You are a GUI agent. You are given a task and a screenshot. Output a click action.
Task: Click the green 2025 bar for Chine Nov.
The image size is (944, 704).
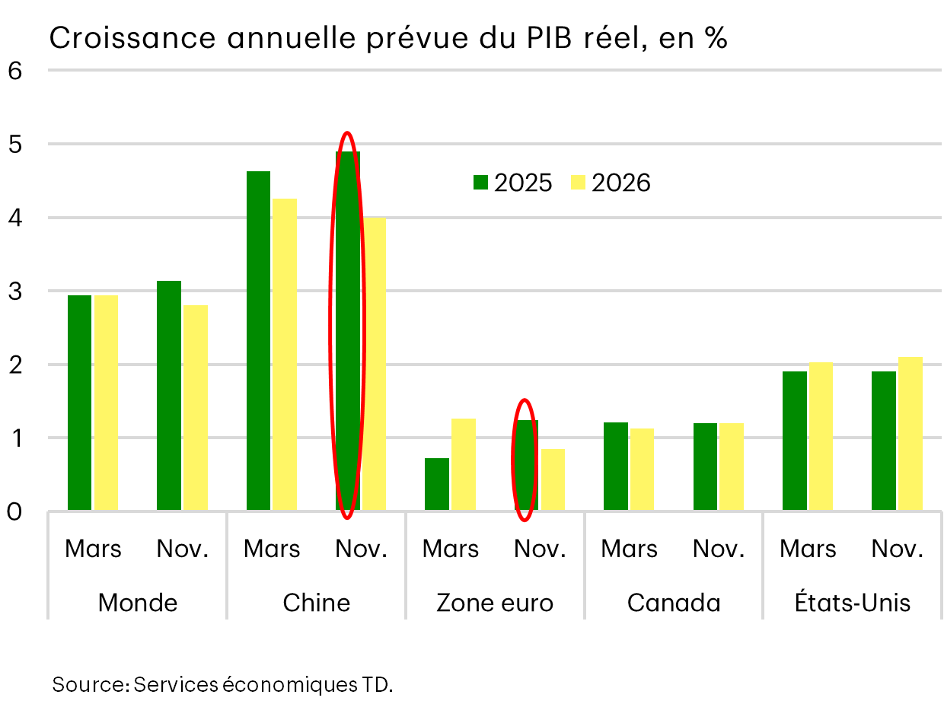tap(348, 331)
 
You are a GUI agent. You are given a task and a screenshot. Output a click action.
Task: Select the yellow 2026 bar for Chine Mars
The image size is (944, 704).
tap(285, 354)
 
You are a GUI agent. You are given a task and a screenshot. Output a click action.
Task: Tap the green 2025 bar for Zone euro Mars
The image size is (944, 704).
tap(437, 484)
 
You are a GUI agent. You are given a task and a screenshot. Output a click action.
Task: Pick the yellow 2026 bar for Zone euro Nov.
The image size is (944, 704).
tap(553, 479)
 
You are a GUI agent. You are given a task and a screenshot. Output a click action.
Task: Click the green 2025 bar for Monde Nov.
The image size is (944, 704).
tap(169, 396)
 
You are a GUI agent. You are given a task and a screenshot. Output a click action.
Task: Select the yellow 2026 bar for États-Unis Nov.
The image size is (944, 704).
tap(910, 434)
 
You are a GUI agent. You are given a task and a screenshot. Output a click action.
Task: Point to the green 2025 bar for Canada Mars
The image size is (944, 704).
tap(615, 466)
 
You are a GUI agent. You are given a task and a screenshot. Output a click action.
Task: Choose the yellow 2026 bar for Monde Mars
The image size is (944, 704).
tap(106, 403)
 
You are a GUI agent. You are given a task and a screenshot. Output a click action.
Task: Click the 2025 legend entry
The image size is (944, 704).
tap(512, 183)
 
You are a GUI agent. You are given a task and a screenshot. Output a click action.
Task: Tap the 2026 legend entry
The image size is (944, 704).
tap(610, 183)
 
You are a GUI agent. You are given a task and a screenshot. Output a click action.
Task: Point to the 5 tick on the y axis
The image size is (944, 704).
tap(14, 144)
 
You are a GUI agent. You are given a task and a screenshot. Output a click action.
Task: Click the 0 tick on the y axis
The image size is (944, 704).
tap(14, 511)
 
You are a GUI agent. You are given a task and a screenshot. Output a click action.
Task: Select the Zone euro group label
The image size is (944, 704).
tap(495, 603)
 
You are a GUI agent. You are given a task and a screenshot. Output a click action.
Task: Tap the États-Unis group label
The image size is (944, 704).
tap(852, 603)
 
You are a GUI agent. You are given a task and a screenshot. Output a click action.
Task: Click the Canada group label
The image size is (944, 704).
tap(674, 603)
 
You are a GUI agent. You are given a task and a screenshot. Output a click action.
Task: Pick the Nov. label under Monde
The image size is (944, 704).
tap(183, 549)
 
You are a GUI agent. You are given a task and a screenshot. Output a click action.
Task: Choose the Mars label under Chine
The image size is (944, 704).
tap(272, 549)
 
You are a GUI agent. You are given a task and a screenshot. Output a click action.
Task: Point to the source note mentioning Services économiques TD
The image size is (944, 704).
tap(222, 684)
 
